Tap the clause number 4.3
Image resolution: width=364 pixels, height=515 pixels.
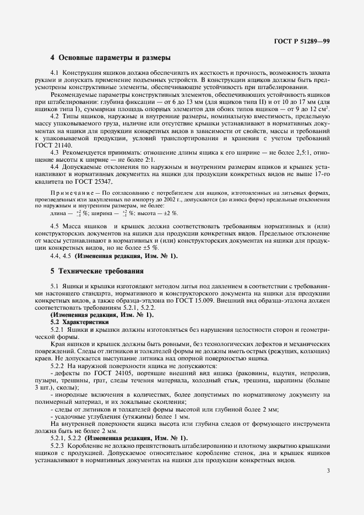[x=55, y=151]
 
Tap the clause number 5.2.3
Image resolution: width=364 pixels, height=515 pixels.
[x=57, y=445]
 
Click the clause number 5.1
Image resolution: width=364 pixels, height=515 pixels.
[x=55, y=286]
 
